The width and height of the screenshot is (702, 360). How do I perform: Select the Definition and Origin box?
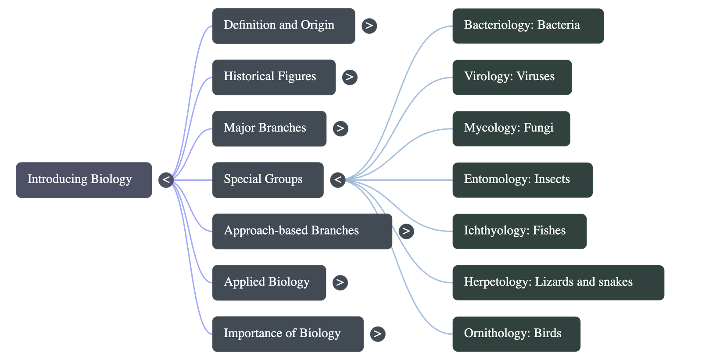point(283,25)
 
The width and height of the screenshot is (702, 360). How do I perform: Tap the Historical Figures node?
point(274,77)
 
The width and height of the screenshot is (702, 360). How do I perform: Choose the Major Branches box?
point(269,128)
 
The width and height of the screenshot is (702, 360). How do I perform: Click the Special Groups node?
point(268,180)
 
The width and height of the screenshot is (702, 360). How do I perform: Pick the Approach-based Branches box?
point(302,231)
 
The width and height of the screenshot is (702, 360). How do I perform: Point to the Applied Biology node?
point(269,282)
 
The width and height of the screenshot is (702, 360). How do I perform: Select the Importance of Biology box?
point(288,334)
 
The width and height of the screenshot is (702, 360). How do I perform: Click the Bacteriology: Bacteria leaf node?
point(528,25)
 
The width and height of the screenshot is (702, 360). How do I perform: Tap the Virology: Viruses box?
point(512,77)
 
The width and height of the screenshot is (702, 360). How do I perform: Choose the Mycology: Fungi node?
point(511,128)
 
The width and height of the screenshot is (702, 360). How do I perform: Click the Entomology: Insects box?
point(522,180)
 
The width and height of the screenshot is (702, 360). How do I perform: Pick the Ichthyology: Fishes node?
point(519,231)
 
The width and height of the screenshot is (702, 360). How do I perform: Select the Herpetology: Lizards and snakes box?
point(558,282)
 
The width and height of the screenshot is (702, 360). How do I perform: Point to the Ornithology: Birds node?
point(516,334)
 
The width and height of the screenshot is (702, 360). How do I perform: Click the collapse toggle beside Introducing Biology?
point(166,180)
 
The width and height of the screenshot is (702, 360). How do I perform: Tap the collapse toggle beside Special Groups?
point(337,180)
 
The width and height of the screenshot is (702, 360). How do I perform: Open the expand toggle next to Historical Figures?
point(349,77)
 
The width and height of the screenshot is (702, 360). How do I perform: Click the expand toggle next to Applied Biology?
point(340,282)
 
